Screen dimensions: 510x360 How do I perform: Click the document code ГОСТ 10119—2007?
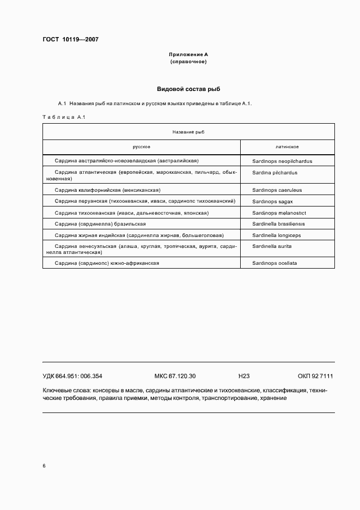point(70,40)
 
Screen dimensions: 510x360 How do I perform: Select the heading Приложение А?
point(188,55)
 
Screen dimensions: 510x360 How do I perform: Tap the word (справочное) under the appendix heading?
point(188,62)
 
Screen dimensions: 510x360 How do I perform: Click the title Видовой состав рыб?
point(188,89)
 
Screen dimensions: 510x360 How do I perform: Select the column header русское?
point(142,147)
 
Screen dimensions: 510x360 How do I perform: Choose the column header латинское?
point(287,147)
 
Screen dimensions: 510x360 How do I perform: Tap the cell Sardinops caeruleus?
point(277,190)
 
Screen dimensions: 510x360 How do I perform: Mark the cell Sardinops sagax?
point(273,201)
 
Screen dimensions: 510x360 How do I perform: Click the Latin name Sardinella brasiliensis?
point(279,224)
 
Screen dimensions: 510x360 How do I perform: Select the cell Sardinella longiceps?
point(277,235)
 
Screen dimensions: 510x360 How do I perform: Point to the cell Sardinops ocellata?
point(274,263)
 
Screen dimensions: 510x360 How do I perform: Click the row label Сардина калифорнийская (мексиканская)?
point(108,190)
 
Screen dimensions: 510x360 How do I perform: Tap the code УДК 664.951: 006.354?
point(72,376)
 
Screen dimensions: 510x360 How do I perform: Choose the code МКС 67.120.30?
point(175,376)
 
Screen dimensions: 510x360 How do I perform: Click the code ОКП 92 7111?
point(315,376)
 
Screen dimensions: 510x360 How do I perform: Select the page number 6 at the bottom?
point(44,466)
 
